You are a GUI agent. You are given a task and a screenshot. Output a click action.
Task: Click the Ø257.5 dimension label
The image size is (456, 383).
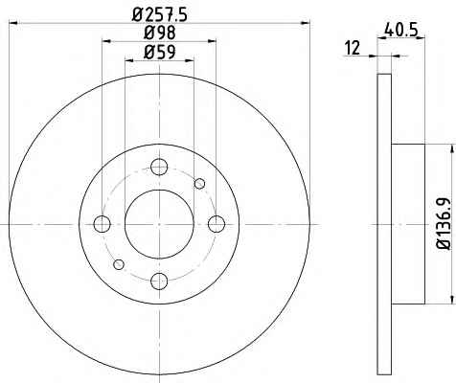click(x=159, y=14)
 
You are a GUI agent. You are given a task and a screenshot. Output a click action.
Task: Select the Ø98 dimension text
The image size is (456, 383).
click(x=159, y=33)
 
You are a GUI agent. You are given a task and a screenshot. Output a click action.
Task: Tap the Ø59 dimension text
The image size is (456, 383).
click(x=159, y=52)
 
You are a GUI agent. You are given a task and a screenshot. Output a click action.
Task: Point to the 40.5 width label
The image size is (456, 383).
click(x=401, y=31)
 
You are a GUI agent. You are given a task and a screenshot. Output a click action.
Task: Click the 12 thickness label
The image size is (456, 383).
click(x=353, y=48)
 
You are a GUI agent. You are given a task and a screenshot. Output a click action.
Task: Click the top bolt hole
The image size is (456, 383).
click(x=159, y=167)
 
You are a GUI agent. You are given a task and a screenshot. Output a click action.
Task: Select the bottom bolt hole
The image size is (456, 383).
click(x=159, y=282)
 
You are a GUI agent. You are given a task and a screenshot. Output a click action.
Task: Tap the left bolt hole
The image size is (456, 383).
click(x=103, y=224)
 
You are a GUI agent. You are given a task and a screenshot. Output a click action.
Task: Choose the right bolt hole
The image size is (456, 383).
click(x=217, y=224)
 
